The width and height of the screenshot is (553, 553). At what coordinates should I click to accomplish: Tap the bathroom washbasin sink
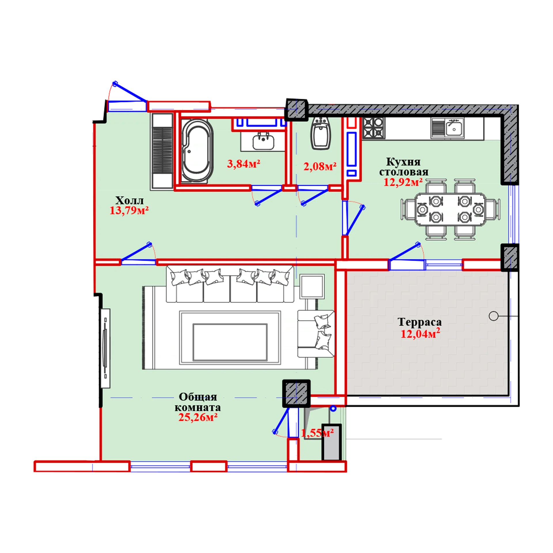click(263, 141)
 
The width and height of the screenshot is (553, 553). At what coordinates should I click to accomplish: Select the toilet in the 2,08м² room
click(321, 134)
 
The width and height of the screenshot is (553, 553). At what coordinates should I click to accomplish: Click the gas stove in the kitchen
click(373, 128)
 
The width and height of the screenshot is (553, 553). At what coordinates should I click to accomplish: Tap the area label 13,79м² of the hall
click(129, 211)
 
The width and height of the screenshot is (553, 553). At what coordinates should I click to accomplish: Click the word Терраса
click(419, 322)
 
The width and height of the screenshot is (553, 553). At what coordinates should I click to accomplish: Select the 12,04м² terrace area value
click(420, 334)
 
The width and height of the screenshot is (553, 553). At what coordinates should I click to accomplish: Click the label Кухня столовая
click(404, 167)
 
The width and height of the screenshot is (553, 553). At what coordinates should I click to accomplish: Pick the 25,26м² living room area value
click(198, 417)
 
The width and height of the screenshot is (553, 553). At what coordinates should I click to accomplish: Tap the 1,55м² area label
click(317, 433)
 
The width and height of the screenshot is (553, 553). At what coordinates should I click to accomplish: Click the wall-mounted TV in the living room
click(105, 348)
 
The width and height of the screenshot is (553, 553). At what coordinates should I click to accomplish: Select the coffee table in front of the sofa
click(230, 342)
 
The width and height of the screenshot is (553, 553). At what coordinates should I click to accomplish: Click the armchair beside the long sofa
click(316, 334)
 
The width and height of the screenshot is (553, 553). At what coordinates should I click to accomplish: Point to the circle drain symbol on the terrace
click(494, 316)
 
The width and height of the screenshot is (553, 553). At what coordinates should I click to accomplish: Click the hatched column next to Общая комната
click(296, 393)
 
